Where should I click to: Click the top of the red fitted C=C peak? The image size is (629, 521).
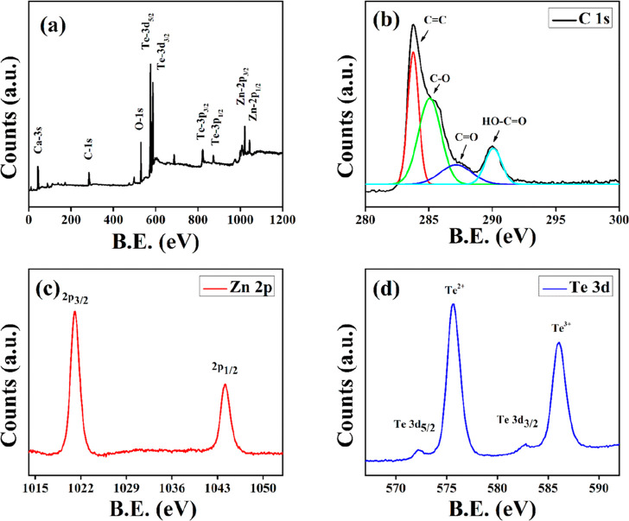tap(414, 53)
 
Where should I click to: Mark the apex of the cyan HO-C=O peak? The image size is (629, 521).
tap(492, 148)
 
